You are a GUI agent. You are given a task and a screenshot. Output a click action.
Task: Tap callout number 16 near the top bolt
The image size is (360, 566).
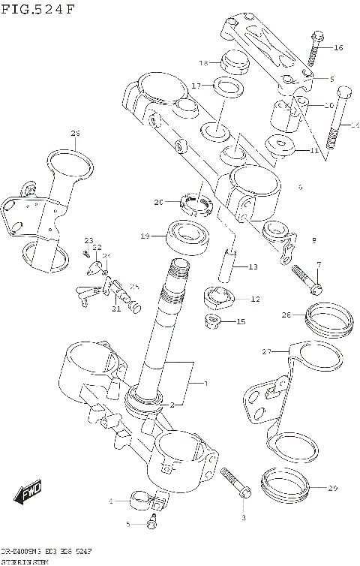(337, 48)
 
